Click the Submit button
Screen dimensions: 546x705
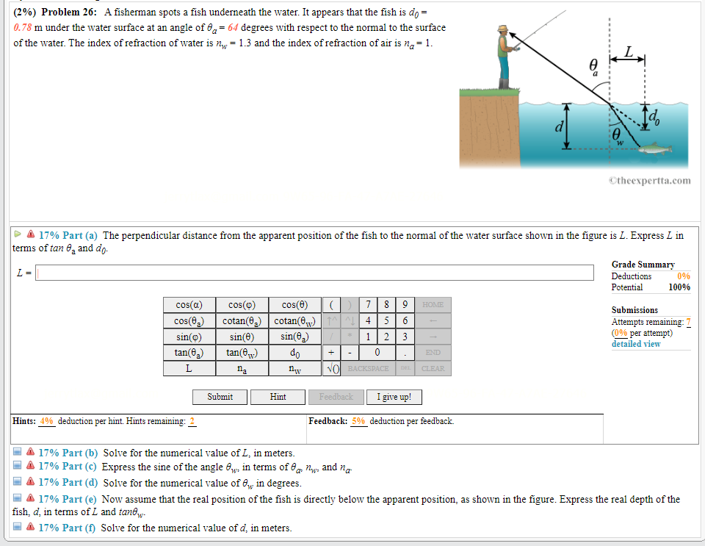(220, 397)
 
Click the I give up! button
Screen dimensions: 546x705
(394, 397)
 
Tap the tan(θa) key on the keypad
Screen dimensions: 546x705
(189, 353)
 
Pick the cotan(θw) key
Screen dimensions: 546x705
(294, 321)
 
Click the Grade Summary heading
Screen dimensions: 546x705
(643, 265)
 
